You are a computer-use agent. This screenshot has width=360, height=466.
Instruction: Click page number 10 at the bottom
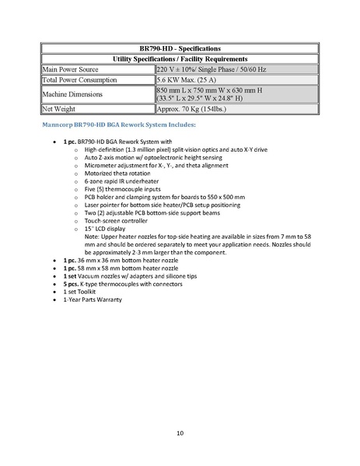coord(180,432)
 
